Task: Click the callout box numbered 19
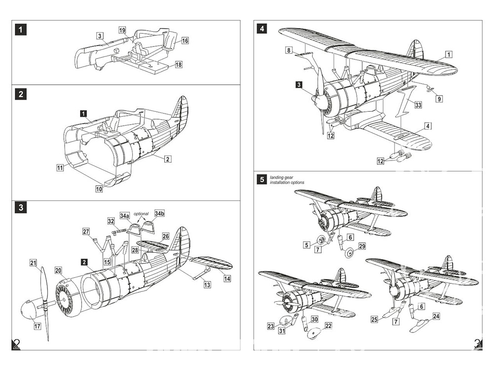pyautogui.click(x=123, y=30)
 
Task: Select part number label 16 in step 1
pyautogui.click(x=185, y=41)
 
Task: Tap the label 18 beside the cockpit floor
pyautogui.click(x=178, y=65)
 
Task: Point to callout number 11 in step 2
pyautogui.click(x=60, y=168)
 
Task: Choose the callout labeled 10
pyautogui.click(x=99, y=188)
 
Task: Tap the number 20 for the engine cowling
pyautogui.click(x=58, y=271)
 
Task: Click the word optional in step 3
pyautogui.click(x=141, y=214)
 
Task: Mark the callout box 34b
pyautogui.click(x=159, y=213)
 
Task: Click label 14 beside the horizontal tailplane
pyautogui.click(x=227, y=278)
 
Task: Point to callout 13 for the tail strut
pyautogui.click(x=206, y=285)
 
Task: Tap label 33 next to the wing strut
pyautogui.click(x=418, y=105)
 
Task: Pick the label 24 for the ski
pyautogui.click(x=436, y=316)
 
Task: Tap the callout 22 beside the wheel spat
pyautogui.click(x=329, y=325)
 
